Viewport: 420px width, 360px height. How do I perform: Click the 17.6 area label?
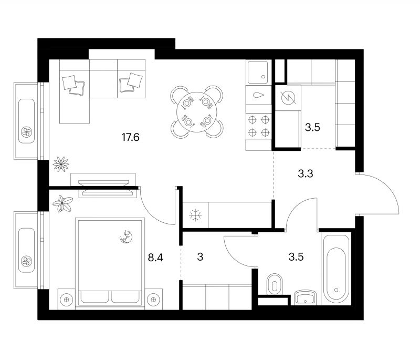(x=130, y=138)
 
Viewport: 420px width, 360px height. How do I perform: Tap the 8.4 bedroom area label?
(x=155, y=258)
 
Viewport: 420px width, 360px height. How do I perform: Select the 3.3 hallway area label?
(x=306, y=174)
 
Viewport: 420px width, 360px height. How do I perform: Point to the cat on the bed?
(x=127, y=237)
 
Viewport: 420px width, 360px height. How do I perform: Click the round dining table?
(x=196, y=112)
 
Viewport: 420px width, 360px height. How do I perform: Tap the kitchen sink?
(x=258, y=73)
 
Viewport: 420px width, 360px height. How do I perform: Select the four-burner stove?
(x=258, y=126)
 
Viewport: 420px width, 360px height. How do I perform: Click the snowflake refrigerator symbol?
(x=195, y=215)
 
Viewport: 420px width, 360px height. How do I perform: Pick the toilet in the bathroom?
(x=275, y=284)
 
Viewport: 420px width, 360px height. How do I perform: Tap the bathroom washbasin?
(x=306, y=297)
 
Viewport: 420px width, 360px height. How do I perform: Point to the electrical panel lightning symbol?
(x=288, y=98)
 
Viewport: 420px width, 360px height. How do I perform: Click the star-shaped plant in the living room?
(x=61, y=164)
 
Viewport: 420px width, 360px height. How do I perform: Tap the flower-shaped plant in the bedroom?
(x=62, y=203)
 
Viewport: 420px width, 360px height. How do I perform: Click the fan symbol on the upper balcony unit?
(x=27, y=132)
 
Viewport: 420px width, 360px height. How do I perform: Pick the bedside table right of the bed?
(x=153, y=300)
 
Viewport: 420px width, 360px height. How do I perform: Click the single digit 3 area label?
(x=200, y=257)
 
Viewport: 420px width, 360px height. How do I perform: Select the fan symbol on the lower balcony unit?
(x=27, y=261)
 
